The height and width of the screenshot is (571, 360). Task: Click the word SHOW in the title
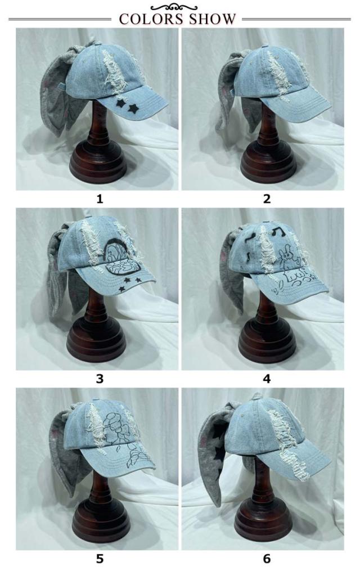point(210,19)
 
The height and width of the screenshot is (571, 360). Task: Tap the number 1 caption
point(100,199)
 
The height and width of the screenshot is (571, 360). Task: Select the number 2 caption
point(267,199)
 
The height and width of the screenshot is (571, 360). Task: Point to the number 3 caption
point(100,379)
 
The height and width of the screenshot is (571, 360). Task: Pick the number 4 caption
point(267,379)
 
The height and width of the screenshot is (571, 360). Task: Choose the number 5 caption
point(100,559)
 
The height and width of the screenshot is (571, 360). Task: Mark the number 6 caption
point(267,559)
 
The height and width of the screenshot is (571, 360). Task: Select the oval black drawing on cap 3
point(123,259)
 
